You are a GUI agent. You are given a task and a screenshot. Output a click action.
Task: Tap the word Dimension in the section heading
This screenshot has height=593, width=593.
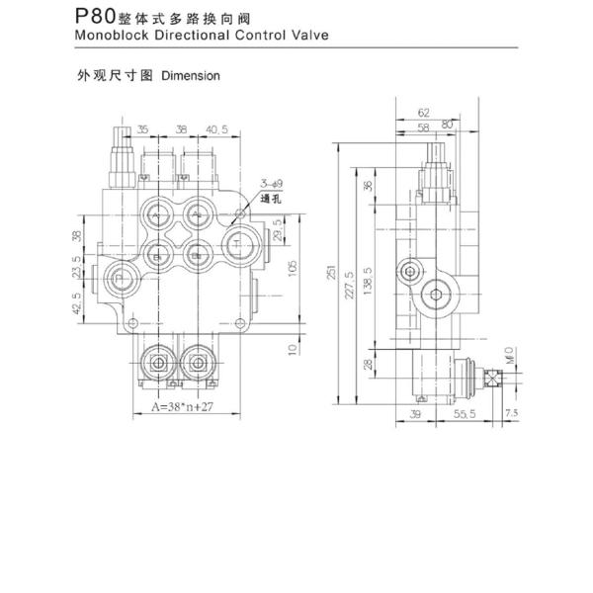190,75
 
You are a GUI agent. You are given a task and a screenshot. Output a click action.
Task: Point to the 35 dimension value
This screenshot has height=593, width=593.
143,128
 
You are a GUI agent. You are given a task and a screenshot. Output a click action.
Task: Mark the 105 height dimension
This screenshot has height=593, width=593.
293,269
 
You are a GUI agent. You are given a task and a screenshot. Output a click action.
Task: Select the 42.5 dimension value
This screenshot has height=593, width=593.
78,303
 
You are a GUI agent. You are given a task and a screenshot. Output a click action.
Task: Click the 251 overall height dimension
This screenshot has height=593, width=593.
333,273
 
